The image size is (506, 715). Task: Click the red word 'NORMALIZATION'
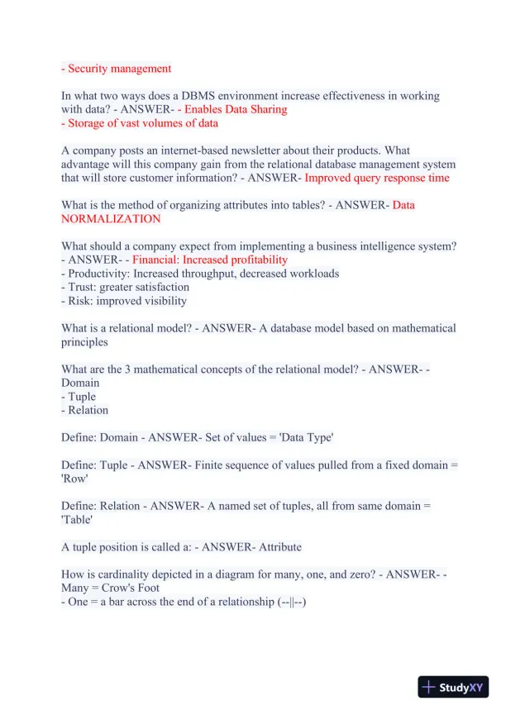click(x=111, y=219)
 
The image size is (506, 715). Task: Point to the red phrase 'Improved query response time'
click(x=377, y=178)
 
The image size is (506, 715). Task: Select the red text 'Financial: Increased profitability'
click(x=210, y=260)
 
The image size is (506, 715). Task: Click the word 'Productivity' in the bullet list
click(x=99, y=274)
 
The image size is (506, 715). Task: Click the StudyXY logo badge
click(x=453, y=687)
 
